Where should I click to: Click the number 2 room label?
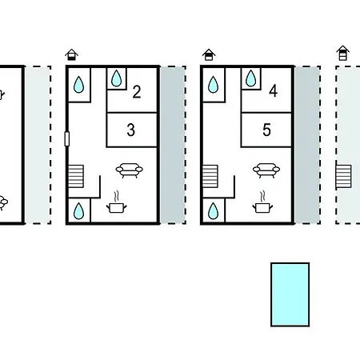coord(137,92)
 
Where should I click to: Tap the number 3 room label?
coord(130,130)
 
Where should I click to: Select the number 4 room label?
coord(273,91)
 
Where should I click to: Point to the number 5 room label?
coord(266,130)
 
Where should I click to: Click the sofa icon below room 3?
coord(130,170)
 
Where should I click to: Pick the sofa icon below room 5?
coord(266,170)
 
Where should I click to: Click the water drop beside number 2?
coord(116,78)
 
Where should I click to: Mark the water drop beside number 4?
coord(250,78)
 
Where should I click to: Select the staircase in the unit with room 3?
coord(76,176)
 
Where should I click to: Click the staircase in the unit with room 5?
coord(210,176)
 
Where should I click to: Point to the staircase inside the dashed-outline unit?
coord(343,177)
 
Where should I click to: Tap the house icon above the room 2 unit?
coord(71,54)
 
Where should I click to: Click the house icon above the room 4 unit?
coord(209,54)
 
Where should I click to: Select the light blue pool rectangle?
coord(290,294)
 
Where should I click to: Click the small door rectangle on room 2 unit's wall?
coord(67,138)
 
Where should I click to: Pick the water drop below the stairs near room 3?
coord(78,211)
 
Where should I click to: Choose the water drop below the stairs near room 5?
coord(213,211)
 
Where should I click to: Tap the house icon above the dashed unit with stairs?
coord(343,54)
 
